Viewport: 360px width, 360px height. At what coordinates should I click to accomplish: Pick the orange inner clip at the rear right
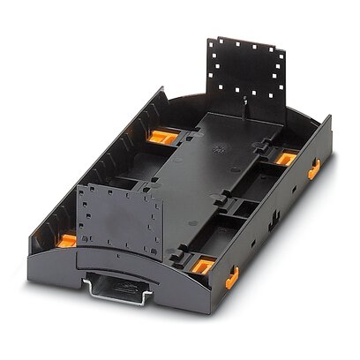287,157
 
